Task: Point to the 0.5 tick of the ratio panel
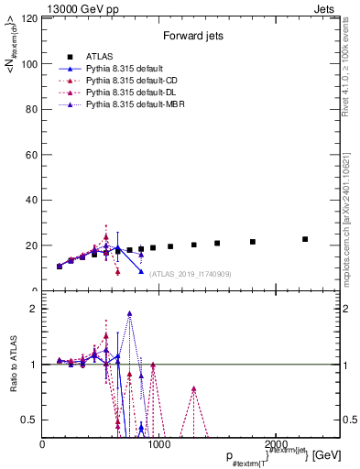(x=28, y=420)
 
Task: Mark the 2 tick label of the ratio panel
(x=34, y=309)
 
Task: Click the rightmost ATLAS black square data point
(x=305, y=239)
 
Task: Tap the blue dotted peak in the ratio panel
(x=130, y=312)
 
